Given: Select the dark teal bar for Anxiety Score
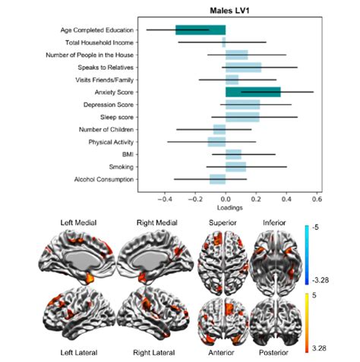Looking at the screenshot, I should pyautogui.click(x=252, y=92).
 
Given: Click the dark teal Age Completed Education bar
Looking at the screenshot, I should pyautogui.click(x=201, y=30).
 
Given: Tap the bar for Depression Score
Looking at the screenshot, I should pyautogui.click(x=242, y=104).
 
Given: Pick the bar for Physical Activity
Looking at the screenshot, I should pyautogui.click(x=216, y=141).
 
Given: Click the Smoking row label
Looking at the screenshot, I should pyautogui.click(x=125, y=166).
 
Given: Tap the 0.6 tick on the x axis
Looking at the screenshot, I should pyautogui.click(x=317, y=199).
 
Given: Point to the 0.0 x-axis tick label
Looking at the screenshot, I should pyautogui.click(x=225, y=199).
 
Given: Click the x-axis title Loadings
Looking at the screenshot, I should pyautogui.click(x=229, y=207).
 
